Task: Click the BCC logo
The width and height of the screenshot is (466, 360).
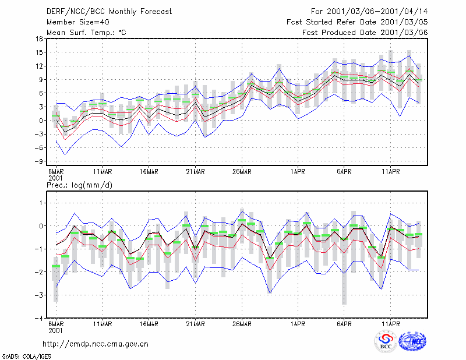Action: click(386, 341)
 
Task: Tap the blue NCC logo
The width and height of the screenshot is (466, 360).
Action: click(412, 341)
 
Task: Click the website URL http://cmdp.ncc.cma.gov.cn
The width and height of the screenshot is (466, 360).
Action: click(96, 344)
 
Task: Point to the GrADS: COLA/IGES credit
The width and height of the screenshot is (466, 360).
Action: click(27, 357)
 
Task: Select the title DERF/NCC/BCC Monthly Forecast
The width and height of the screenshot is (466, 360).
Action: click(109, 12)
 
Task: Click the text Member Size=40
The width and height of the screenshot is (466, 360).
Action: click(78, 22)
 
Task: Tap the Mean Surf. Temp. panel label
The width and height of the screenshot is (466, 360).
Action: click(86, 33)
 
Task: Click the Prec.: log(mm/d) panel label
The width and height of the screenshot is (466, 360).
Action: click(79, 185)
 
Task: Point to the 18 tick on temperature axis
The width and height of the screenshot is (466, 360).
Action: click(39, 38)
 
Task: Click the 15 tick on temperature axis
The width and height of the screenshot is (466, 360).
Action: click(39, 52)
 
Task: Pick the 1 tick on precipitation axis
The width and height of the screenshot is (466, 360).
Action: click(41, 203)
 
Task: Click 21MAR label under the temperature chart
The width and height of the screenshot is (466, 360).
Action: click(195, 172)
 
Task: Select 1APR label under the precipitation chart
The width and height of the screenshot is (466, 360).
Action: click(298, 324)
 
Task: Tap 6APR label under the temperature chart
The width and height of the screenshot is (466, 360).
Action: click(344, 172)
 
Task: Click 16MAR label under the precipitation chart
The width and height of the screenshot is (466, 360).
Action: click(149, 324)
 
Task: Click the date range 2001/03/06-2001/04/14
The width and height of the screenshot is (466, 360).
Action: click(377, 12)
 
